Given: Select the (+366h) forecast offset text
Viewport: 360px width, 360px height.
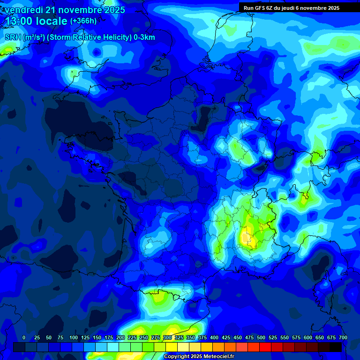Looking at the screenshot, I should coord(83,21).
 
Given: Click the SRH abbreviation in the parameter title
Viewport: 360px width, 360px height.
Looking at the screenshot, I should coord(13,37).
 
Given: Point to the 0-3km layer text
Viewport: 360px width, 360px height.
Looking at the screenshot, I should coord(143,37).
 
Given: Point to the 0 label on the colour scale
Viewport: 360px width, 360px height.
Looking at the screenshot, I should coord(24,337).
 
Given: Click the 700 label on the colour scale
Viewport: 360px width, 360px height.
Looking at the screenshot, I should coord(343,337).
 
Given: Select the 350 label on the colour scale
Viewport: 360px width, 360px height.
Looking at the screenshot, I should coord(191,337).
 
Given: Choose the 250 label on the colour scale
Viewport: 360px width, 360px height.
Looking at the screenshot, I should coord(144,337).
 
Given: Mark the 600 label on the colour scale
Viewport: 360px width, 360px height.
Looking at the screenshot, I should coord(308,337).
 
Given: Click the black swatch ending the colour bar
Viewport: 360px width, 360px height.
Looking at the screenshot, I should coord(336,347).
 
